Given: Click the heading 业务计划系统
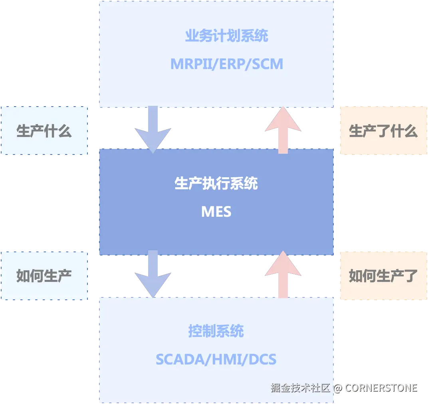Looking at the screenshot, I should point(226,36).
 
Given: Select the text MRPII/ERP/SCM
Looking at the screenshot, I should point(226,64).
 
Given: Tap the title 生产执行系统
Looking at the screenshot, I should point(216,184).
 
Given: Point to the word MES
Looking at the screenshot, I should point(216,211).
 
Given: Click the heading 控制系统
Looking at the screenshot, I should point(216,331).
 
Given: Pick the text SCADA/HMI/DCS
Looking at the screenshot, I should point(216,359).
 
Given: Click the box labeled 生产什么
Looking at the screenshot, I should point(44,131).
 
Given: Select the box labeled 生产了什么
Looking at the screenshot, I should point(383,131).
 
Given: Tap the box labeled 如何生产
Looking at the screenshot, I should point(44,275).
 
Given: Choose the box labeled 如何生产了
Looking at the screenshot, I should point(383,275).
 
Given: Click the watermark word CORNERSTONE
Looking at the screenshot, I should point(381,388).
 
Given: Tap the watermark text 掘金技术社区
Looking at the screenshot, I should point(300,388).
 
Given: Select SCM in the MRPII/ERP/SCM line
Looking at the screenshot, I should point(267,64).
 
